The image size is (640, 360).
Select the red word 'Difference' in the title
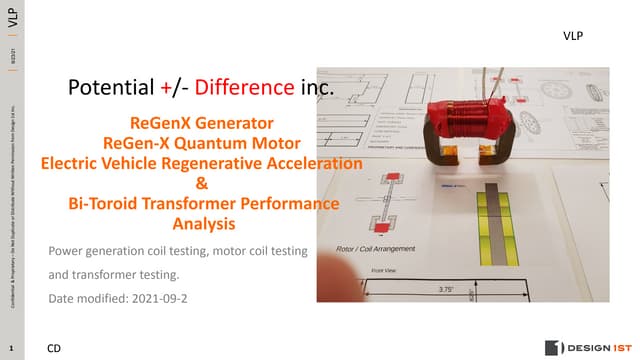click(245, 88)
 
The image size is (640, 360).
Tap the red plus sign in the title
click(166, 88)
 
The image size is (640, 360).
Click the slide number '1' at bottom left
click(9, 348)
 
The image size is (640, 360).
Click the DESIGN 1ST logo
click(585, 347)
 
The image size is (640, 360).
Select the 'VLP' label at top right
click(573, 35)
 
